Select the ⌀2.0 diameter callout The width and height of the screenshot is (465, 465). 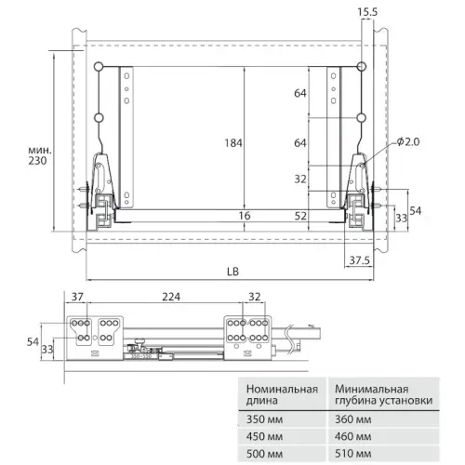407,141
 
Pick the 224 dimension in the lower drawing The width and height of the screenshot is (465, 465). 170,297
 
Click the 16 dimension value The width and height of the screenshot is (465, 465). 245,215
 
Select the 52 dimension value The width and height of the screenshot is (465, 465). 301,215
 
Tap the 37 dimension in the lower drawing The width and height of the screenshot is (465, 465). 77,297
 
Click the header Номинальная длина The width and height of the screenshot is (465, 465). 279,395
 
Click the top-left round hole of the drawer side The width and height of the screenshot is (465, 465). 99,65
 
